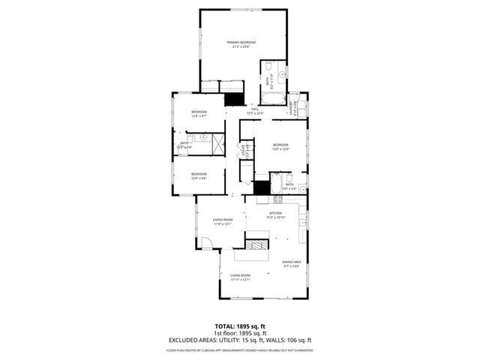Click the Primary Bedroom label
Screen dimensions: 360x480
(x=241, y=42)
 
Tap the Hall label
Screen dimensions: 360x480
(x=255, y=109)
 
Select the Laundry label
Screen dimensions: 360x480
(x=294, y=106)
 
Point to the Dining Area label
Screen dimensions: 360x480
(x=291, y=262)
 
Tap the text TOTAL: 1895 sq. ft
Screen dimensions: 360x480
(x=240, y=326)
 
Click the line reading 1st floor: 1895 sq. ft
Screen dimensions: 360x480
(x=240, y=333)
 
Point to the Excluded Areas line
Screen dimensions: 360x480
(x=240, y=340)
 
